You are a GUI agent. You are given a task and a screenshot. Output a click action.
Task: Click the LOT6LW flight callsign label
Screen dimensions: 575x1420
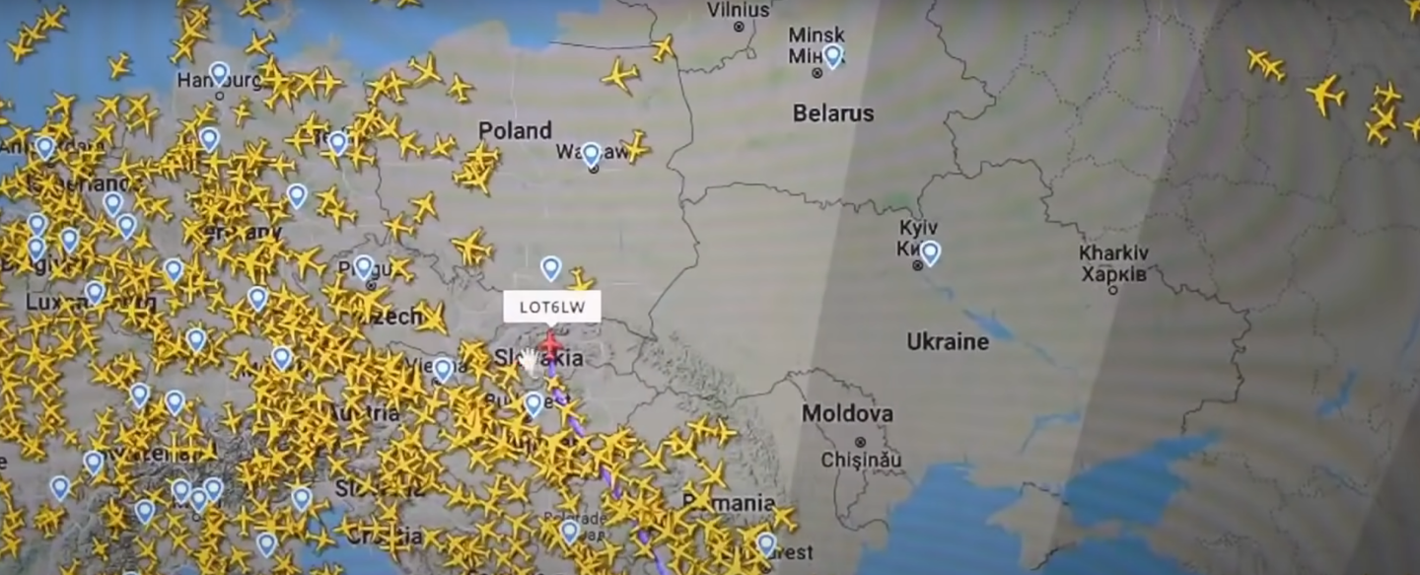(x=552, y=307)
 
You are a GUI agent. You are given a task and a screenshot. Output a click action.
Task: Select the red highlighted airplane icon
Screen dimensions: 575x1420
(x=550, y=345)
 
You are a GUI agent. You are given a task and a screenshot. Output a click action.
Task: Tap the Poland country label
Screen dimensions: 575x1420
(x=514, y=130)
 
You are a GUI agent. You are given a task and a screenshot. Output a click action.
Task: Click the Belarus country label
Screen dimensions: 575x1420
(x=833, y=113)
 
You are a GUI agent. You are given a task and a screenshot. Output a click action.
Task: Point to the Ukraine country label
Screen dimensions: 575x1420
(x=947, y=341)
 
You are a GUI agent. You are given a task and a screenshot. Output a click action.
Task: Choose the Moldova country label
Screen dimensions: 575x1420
(x=847, y=413)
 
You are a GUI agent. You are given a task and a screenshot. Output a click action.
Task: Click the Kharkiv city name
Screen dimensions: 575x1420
(x=1113, y=252)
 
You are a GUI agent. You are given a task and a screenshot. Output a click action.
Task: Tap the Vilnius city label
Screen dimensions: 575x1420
(x=739, y=10)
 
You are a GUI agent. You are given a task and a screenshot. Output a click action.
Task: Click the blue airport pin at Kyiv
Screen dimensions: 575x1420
(x=930, y=252)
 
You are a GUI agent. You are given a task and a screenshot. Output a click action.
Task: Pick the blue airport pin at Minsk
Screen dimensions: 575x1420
(x=833, y=54)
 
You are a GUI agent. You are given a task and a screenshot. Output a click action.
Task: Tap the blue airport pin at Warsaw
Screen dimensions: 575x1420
(x=591, y=152)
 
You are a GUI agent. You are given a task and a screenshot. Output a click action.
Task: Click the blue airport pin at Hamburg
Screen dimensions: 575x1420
(x=219, y=72)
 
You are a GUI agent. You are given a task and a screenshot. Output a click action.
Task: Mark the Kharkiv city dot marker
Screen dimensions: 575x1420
(x=1113, y=290)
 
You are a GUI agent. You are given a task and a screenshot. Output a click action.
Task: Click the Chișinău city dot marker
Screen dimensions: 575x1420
(x=860, y=442)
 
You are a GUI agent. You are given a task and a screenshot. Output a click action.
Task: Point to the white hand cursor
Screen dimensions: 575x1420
(x=530, y=361)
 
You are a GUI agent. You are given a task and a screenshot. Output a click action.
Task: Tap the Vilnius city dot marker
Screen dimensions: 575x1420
(x=739, y=28)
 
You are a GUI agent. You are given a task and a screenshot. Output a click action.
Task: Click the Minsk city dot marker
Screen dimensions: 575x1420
(x=816, y=72)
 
